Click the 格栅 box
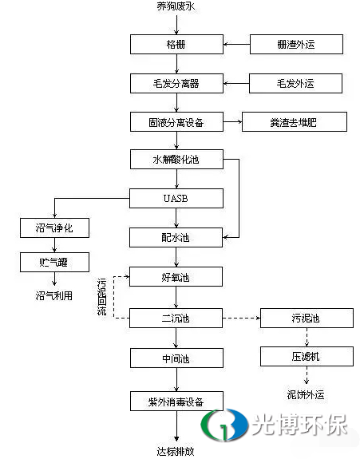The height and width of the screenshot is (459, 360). [176, 44]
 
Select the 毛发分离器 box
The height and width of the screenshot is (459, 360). [176, 84]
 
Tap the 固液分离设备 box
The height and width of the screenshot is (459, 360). [176, 122]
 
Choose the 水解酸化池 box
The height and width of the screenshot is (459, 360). [176, 159]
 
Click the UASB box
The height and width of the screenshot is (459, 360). [176, 198]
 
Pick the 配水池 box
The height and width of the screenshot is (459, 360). [176, 237]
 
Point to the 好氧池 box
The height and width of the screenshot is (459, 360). [176, 277]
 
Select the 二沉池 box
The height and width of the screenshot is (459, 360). [176, 318]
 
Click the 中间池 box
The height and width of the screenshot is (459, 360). [176, 358]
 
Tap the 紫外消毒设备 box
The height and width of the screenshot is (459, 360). [176, 401]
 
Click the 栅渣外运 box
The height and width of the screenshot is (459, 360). [296, 44]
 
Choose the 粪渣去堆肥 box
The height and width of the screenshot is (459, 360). [295, 122]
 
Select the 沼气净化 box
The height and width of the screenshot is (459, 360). [55, 228]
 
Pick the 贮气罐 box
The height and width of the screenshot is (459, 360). [55, 263]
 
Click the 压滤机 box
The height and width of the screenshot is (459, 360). [307, 356]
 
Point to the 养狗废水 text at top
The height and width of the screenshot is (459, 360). [176, 6]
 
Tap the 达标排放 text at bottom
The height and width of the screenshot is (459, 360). [176, 451]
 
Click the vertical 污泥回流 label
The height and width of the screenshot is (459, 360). [101, 297]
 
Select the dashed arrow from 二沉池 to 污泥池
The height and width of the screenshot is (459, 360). [241, 318]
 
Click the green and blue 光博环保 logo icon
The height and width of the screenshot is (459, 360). [224, 425]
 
